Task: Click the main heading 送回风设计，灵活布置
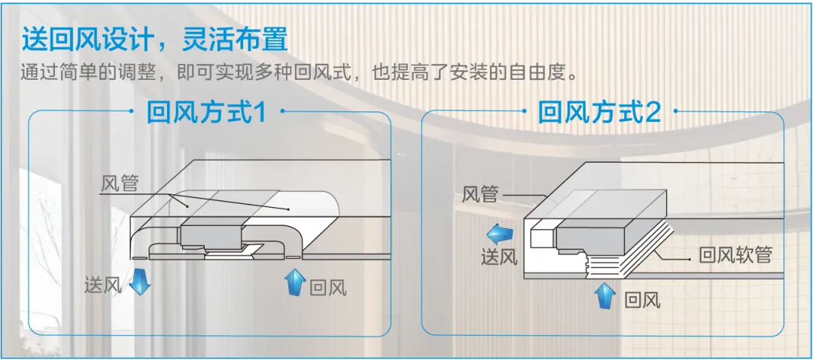pos(155,39)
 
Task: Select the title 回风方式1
pos(207,114)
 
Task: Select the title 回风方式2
pos(599,114)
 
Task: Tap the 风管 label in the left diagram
pos(120,183)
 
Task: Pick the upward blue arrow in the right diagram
pos(603,295)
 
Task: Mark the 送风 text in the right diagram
pos(499,256)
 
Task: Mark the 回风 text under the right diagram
pos(642,301)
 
